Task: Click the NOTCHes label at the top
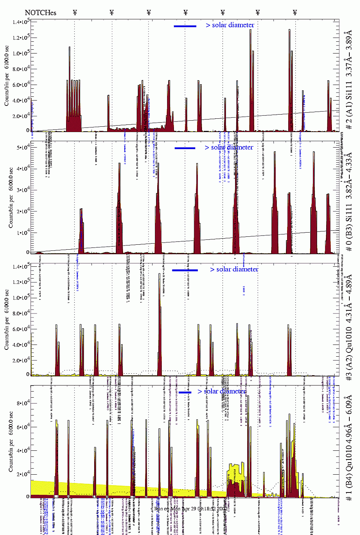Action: coord(40,13)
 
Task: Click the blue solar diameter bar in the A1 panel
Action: coord(185,26)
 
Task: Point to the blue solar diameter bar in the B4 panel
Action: coord(185,392)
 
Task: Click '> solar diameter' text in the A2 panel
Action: coord(234,269)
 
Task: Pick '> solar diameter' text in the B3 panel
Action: coord(229,147)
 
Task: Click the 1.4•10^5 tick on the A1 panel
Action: coord(21,22)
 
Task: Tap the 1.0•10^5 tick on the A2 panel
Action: coord(21,298)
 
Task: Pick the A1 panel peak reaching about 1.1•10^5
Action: coord(69,48)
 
